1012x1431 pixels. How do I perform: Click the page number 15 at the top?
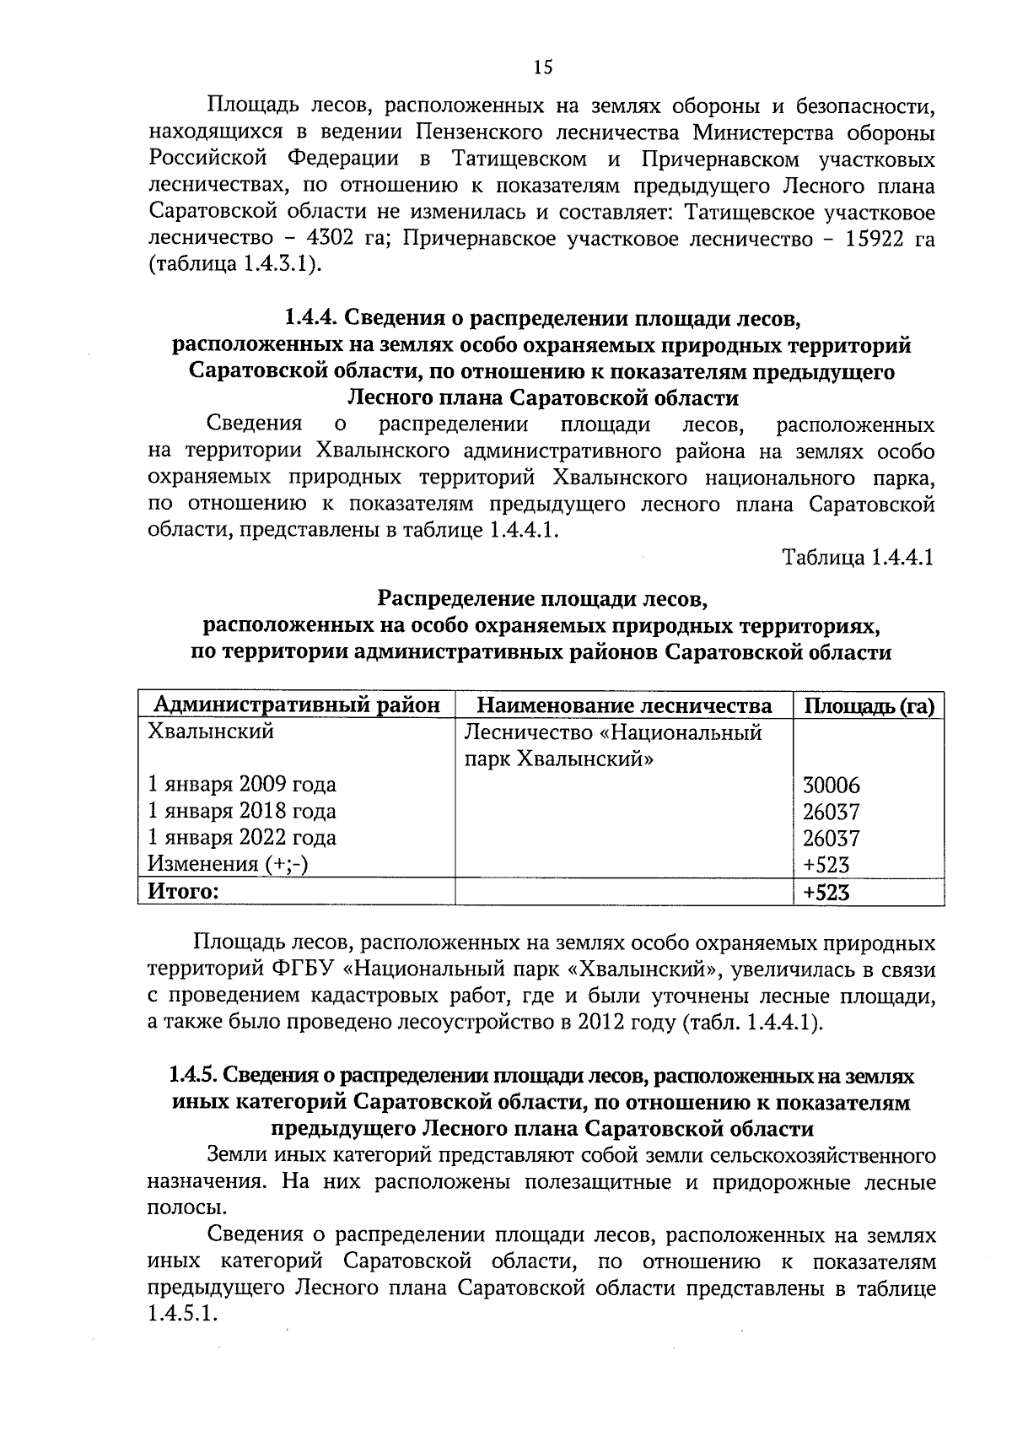point(543,68)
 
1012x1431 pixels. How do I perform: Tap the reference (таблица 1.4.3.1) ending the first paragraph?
point(236,265)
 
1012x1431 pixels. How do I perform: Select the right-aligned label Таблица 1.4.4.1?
point(858,558)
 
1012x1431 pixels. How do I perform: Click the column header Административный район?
point(296,705)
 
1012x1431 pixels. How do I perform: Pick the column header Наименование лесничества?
point(624,705)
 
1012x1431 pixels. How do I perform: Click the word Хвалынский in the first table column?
point(211,732)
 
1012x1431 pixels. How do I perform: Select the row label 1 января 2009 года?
point(242,785)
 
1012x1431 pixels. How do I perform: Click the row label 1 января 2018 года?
point(242,812)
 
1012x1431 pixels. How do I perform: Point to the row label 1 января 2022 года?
point(242,838)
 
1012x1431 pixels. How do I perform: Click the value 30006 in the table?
point(831,786)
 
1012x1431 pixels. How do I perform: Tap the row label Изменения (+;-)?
point(227,864)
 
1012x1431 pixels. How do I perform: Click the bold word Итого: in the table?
point(183,891)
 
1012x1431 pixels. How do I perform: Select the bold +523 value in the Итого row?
point(826,892)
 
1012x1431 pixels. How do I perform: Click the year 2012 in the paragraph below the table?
point(602,1023)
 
